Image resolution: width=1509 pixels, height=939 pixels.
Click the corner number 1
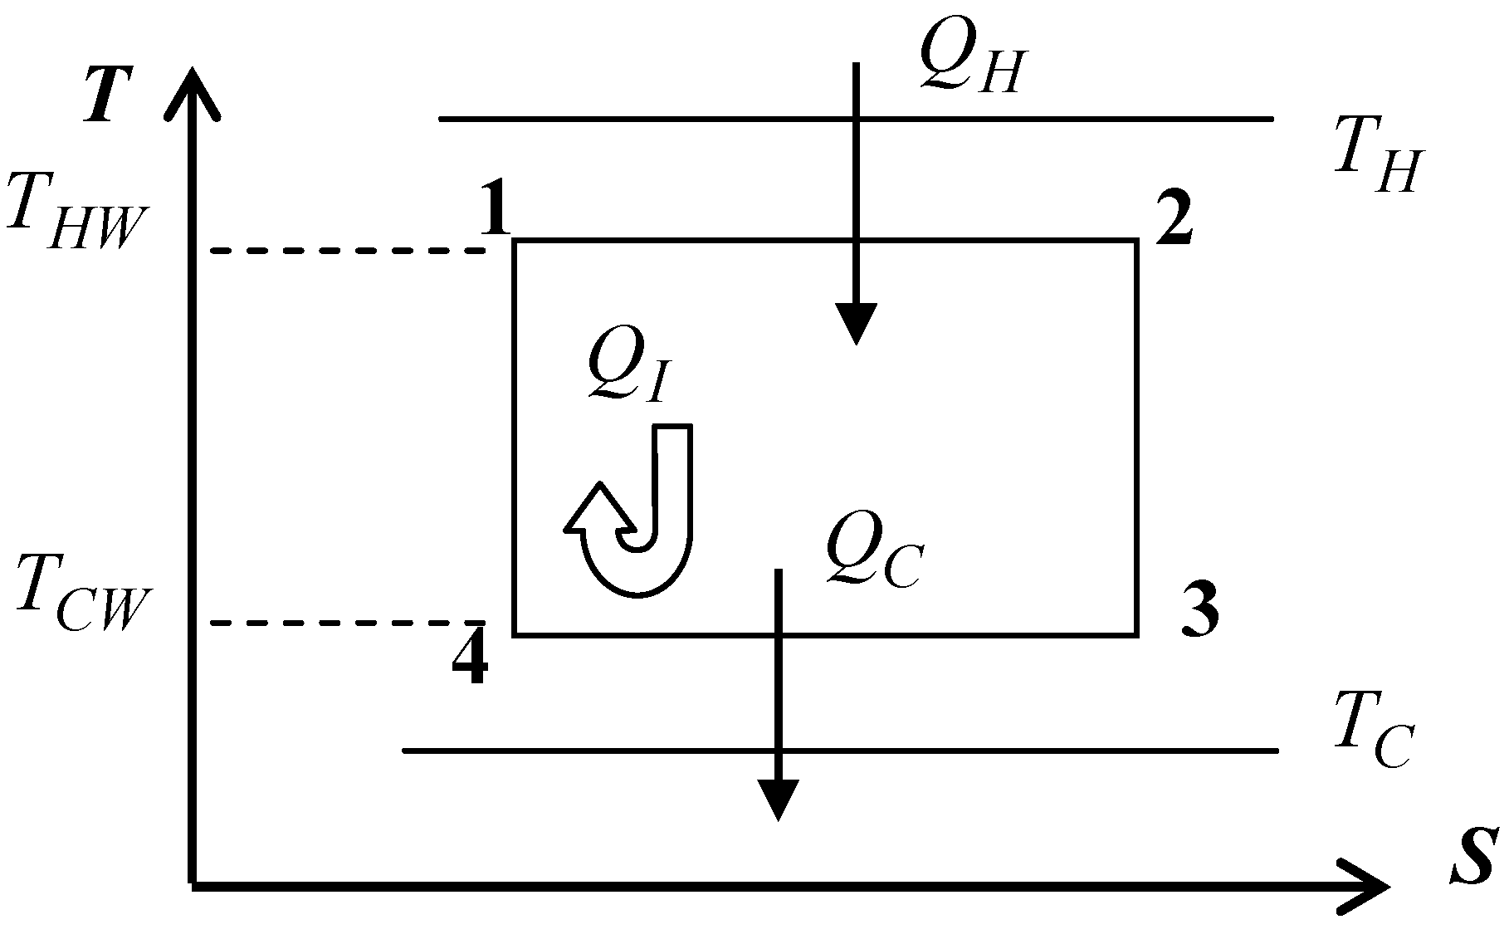pyautogui.click(x=496, y=211)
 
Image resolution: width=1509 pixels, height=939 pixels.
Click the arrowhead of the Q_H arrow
pyautogui.click(x=856, y=324)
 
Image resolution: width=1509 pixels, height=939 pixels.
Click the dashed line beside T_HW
pyautogui.click(x=348, y=250)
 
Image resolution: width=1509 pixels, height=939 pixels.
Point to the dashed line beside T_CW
pyautogui.click(x=348, y=623)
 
